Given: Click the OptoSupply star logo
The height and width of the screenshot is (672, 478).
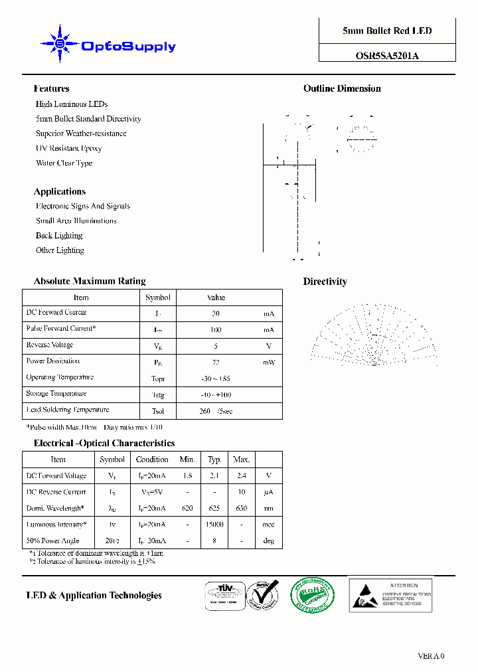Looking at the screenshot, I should click(60, 44).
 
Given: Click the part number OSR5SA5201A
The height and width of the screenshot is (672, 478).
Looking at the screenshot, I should click(387, 56).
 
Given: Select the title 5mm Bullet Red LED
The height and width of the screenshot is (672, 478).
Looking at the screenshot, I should click(387, 31).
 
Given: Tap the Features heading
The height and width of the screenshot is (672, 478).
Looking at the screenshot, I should click(51, 88).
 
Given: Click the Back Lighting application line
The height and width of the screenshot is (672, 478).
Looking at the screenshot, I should click(59, 236).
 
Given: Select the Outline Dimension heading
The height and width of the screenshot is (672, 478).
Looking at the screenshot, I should click(342, 88).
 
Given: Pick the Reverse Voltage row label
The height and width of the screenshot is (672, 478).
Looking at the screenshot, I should click(50, 345).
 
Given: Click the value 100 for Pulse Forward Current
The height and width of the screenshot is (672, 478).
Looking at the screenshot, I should click(216, 329).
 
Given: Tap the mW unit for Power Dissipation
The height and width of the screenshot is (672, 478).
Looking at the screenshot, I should click(268, 362).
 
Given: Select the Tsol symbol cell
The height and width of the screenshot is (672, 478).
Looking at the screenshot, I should click(158, 411).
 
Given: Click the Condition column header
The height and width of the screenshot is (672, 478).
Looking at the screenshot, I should click(152, 460).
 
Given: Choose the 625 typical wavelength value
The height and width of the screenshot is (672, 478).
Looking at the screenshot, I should click(214, 509).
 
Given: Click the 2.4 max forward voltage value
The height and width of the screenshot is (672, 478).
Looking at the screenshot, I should click(241, 476).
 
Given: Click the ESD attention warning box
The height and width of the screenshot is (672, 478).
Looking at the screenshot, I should click(390, 594).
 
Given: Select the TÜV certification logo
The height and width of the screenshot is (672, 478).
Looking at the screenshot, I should click(222, 594).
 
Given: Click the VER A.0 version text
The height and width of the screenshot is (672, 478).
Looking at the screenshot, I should click(431, 656).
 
